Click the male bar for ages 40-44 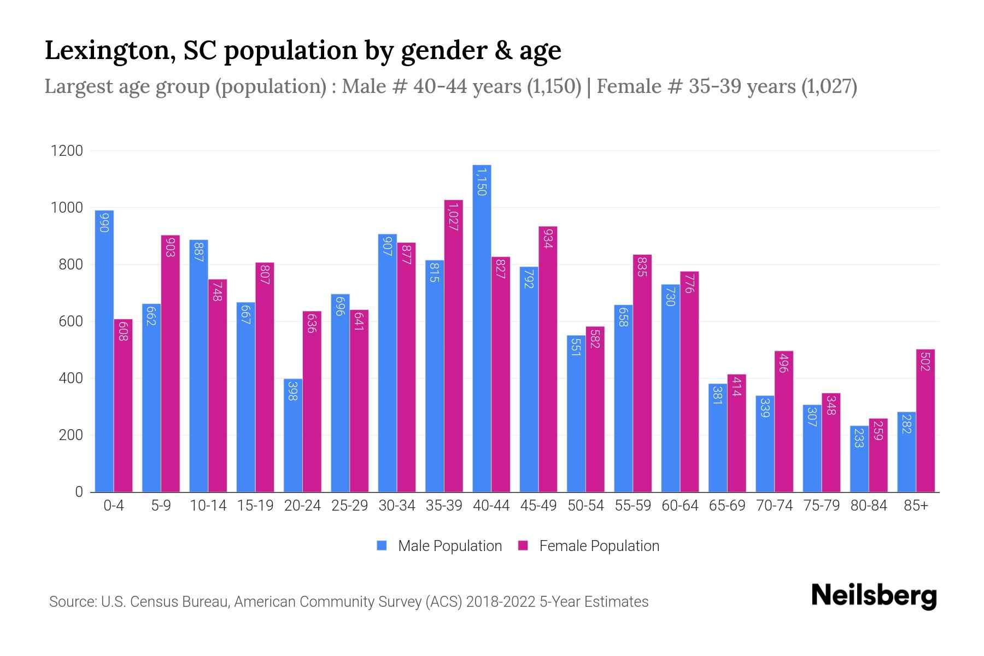click(x=482, y=328)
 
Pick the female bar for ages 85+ click(x=925, y=420)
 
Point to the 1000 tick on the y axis click(x=67, y=208)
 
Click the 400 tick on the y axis click(x=67, y=378)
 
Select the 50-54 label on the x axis click(x=585, y=506)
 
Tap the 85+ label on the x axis click(x=916, y=506)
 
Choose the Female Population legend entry click(x=589, y=546)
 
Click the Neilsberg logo click(x=874, y=596)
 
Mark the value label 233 click(x=859, y=438)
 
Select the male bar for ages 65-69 click(x=717, y=437)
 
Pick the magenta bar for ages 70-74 click(x=784, y=421)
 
